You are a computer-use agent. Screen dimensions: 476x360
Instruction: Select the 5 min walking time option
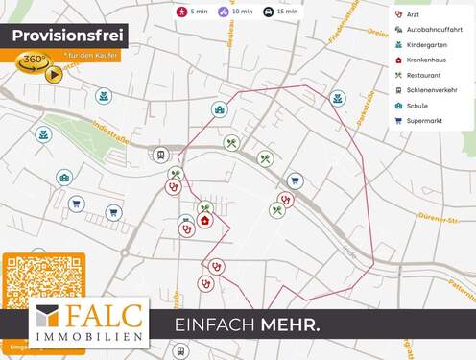pos(192,12)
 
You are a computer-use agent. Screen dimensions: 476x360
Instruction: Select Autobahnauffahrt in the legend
pos(434,30)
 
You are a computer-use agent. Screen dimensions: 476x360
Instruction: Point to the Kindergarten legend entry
pos(426,44)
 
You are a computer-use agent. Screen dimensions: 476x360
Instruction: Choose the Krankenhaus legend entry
pos(426,60)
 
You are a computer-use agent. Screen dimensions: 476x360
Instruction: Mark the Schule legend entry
pos(417,106)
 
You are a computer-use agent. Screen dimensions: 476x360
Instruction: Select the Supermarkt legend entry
pos(423,121)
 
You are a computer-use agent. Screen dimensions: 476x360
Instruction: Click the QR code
pos(41,279)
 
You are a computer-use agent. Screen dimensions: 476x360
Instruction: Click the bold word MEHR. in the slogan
pos(290,325)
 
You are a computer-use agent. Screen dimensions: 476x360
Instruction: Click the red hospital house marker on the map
pos(204,221)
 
